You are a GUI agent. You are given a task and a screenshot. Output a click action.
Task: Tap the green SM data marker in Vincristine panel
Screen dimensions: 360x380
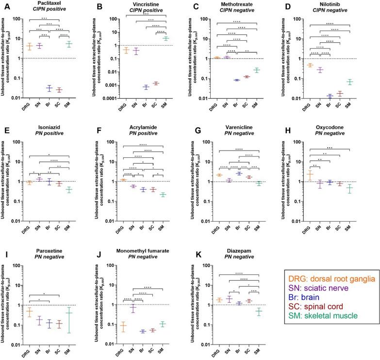166,38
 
